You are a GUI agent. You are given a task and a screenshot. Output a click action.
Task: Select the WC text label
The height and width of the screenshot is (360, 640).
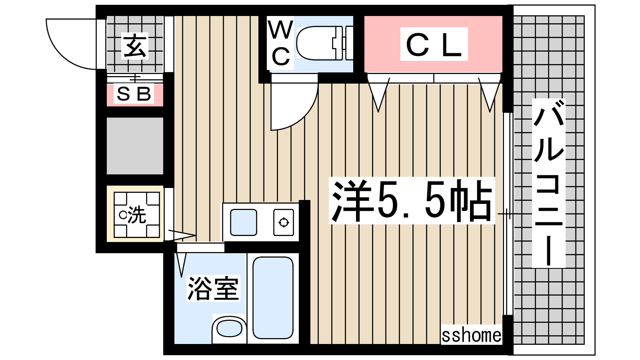click(281, 43)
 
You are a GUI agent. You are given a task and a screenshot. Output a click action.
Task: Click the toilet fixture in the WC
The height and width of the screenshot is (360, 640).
click(324, 43)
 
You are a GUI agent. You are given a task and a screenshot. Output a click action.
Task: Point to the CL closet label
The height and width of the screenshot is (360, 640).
click(434, 45)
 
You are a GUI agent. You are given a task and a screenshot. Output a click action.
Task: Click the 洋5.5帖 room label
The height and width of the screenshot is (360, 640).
click(412, 200)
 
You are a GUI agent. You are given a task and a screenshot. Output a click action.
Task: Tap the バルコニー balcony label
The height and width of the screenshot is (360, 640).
click(548, 183)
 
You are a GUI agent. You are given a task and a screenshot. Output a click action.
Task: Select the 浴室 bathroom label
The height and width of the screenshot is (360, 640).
click(213, 288)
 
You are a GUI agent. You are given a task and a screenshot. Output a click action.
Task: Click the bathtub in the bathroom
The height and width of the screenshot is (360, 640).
click(273, 298)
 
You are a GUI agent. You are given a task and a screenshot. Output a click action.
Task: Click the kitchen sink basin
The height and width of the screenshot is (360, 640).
click(244, 222)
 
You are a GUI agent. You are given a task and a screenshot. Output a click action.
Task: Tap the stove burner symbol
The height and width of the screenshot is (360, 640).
click(284, 222)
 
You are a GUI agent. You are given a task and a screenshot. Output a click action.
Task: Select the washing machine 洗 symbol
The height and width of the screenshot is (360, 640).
click(136, 215)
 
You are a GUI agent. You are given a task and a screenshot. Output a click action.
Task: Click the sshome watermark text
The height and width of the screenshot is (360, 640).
click(472, 336)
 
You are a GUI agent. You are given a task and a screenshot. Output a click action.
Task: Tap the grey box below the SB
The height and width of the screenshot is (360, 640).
click(135, 146)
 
